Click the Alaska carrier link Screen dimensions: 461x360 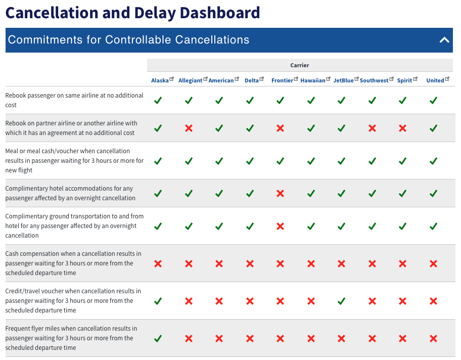pos(160,80)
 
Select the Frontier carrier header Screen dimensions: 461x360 pos(282,80)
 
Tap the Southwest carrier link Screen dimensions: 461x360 pos(374,80)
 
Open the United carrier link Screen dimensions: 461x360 pos(435,80)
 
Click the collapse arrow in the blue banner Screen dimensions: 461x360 pos(444,40)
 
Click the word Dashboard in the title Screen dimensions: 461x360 pos(220,13)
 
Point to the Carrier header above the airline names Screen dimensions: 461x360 pos(300,65)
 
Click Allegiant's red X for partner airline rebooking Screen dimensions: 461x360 pos(189,128)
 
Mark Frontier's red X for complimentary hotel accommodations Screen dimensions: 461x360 pos(280,194)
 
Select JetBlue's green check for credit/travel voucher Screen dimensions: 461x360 pos(341,301)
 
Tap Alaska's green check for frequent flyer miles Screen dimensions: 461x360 pos(158,339)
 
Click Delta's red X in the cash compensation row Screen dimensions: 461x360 pos(250,264)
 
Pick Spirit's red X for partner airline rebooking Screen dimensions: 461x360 pos(402,128)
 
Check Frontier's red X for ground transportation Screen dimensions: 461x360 pos(280,226)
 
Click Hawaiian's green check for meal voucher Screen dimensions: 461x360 pos(311,161)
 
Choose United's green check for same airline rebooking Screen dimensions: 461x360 pos(433,101)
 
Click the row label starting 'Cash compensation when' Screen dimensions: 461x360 pos(73,263)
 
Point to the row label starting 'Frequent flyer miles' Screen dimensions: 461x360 pos(71,338)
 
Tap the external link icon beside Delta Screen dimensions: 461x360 pos(262,79)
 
